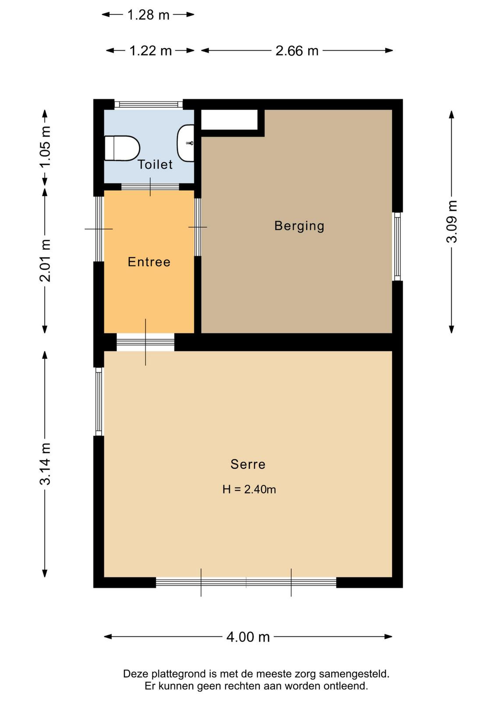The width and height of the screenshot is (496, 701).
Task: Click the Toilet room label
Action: point(155,165)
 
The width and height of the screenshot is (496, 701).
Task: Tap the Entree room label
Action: point(149,262)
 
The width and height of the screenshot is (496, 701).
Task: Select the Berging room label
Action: point(299,226)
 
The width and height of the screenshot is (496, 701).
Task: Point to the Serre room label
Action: point(248,464)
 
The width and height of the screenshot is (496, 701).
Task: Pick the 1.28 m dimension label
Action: point(149,15)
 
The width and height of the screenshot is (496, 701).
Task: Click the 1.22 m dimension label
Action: point(151,51)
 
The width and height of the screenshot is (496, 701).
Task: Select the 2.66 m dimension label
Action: point(297,51)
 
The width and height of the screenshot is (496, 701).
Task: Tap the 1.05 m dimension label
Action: point(45,147)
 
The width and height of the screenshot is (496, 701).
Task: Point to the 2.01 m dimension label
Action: point(45,260)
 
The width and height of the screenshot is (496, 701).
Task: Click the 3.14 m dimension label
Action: point(45,464)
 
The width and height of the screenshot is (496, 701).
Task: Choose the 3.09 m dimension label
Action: point(452,222)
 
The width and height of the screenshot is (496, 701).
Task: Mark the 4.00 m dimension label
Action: point(248,637)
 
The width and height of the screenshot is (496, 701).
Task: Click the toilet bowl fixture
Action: point(122,148)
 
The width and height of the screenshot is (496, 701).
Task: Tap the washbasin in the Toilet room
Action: point(186,143)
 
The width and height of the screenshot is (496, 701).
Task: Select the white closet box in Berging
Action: point(229,120)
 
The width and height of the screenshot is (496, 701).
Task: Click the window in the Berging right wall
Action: point(397,247)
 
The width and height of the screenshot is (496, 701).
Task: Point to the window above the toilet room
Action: point(149,104)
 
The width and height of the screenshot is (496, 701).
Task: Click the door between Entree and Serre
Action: point(145,342)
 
